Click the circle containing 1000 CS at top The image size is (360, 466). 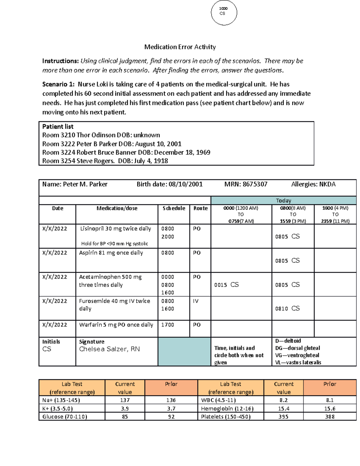tap(224, 13)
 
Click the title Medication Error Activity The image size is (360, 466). tap(180, 47)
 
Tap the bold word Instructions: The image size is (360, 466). tap(60, 61)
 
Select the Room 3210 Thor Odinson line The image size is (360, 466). tap(101, 135)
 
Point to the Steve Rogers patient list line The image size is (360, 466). tap(105, 161)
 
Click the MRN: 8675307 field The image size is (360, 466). tap(246, 184)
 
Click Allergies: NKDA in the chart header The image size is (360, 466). tap(313, 184)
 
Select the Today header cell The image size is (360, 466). tap(283, 200)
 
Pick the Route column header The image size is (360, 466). tap(200, 208)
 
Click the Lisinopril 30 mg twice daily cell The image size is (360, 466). tap(115, 229)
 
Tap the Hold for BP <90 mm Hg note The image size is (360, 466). tap(115, 244)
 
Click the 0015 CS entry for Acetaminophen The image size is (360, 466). tap(226, 285)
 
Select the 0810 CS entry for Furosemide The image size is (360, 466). tap(287, 308)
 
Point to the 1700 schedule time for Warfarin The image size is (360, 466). tap(167, 325)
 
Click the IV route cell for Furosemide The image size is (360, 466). tap(196, 301)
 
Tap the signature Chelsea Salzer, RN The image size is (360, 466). tap(109, 349)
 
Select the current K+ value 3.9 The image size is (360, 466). tap(125, 408)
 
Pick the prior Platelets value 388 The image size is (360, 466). tap(329, 416)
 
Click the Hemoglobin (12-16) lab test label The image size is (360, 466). tap(227, 408)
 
